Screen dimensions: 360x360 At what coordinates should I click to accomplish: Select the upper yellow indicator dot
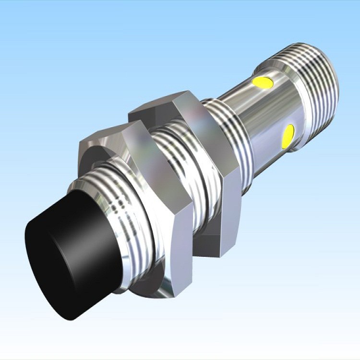pos(263,83)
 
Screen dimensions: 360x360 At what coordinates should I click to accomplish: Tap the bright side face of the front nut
pos(144,158)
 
